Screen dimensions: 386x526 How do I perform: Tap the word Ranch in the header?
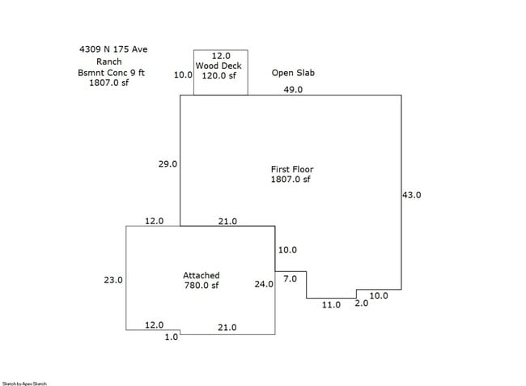(x=108, y=62)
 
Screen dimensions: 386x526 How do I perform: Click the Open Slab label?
(x=293, y=73)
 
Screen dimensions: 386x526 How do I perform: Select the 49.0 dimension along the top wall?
(x=292, y=90)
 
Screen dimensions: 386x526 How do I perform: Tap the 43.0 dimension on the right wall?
(x=412, y=195)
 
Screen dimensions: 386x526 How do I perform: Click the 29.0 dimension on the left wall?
(x=168, y=164)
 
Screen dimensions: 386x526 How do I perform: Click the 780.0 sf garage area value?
(x=201, y=285)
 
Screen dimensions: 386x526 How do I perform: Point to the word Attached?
(x=201, y=275)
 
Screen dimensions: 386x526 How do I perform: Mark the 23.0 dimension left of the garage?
(x=112, y=280)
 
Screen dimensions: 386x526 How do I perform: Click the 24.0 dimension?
(x=264, y=284)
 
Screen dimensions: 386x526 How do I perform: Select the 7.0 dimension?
(x=290, y=278)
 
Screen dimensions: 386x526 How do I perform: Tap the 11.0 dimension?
(x=332, y=304)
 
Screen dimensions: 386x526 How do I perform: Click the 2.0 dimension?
(x=361, y=303)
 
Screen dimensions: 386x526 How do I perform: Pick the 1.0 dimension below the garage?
(x=171, y=337)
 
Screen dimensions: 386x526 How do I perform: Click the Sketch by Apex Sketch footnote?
(x=24, y=383)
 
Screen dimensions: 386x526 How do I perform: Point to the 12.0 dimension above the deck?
(x=220, y=55)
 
